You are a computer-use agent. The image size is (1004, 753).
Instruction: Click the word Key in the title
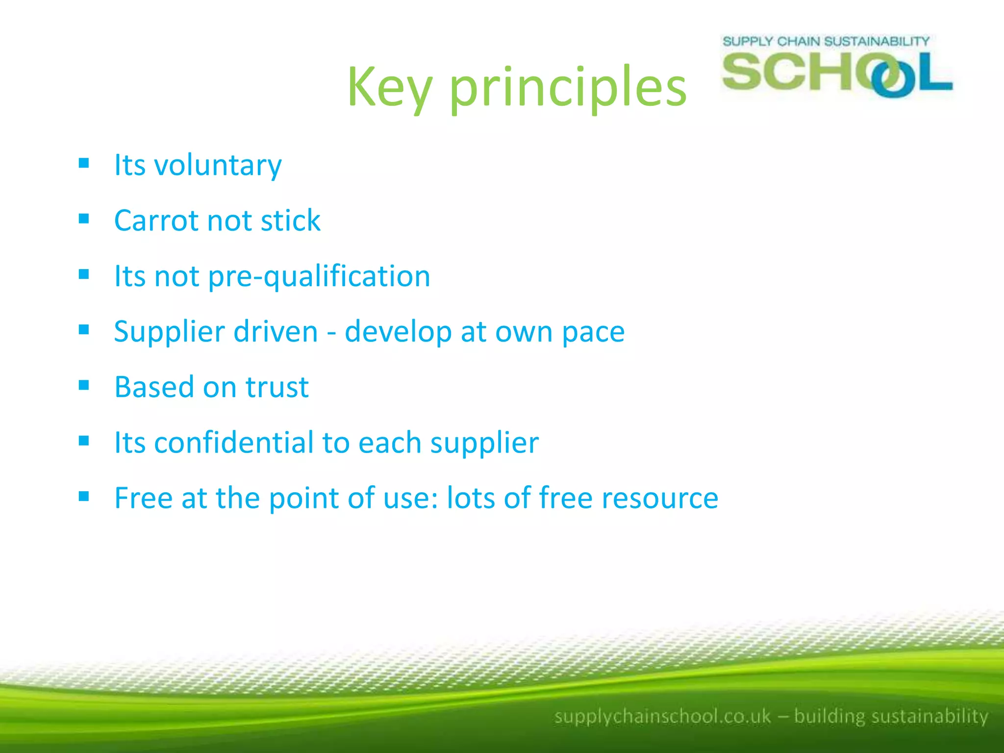390,88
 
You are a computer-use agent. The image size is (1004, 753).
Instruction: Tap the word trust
277,387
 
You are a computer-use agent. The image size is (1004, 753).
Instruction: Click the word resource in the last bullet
660,499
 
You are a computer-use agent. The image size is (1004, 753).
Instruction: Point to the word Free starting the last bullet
143,498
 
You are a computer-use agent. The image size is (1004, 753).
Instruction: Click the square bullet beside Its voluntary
84,163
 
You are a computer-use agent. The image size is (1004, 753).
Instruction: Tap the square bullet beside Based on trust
84,385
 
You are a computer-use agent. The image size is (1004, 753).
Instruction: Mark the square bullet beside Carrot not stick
84,219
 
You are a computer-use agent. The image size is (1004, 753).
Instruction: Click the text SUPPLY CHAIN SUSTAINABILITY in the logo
826,41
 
